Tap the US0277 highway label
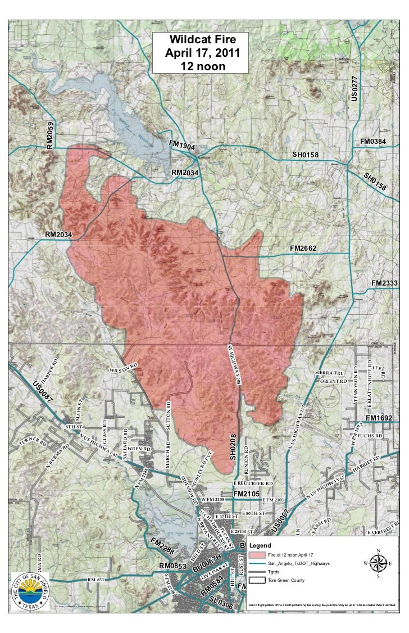pos(355,88)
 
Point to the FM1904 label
pos(182,146)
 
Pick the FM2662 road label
pos(304,248)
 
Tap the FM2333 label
pos(385,283)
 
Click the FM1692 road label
pos(381,418)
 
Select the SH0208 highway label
pos(233,446)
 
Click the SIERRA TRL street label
pos(330,374)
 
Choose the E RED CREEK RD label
pos(253,483)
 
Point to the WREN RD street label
pos(139,449)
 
